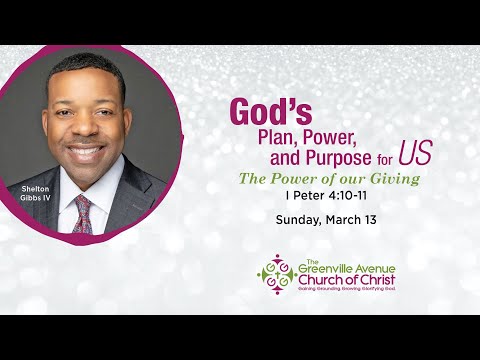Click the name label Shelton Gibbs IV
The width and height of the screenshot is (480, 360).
tap(37, 192)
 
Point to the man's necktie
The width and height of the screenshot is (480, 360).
tap(81, 212)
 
